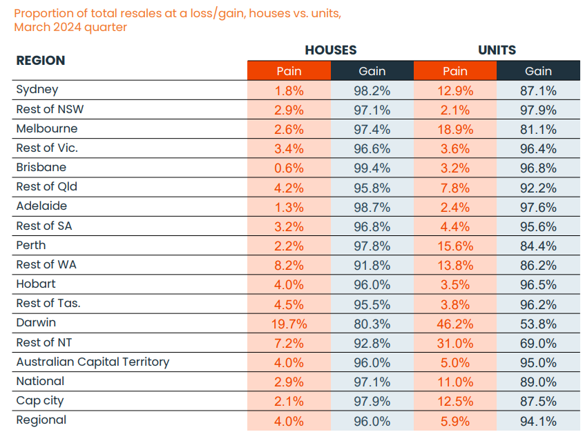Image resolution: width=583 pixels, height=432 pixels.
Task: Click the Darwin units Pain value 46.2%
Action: [x=455, y=324]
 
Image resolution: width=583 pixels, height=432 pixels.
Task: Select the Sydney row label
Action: [x=37, y=90]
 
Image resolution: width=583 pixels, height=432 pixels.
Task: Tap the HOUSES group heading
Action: [x=331, y=50]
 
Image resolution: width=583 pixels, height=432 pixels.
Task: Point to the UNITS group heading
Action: [x=497, y=50]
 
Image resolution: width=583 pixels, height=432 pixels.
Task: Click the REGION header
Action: [x=41, y=60]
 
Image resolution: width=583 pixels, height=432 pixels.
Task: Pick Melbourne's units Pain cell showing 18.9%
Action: [x=455, y=129]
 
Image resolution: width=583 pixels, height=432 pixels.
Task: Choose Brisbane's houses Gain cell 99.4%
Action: [x=372, y=168]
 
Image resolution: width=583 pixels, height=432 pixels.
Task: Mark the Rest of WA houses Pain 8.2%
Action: [x=289, y=265]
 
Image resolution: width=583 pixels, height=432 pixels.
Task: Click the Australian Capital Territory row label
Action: [x=93, y=362]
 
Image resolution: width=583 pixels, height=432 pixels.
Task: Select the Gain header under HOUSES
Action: [x=372, y=71]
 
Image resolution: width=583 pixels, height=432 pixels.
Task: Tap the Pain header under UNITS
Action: [x=455, y=71]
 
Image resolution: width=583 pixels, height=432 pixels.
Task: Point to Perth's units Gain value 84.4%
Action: [x=538, y=246]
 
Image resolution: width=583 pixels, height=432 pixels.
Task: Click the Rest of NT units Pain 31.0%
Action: [x=455, y=343]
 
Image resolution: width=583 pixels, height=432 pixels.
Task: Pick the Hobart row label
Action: [x=36, y=284]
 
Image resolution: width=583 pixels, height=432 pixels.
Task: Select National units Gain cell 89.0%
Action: [x=538, y=382]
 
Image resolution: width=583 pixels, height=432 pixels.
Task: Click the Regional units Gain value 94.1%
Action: [x=538, y=421]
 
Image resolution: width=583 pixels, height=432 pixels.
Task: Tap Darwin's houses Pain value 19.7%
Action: [x=289, y=324]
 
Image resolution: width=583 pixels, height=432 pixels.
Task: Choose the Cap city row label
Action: [x=40, y=401]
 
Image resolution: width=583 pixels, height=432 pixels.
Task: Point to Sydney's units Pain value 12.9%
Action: [x=455, y=90]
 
